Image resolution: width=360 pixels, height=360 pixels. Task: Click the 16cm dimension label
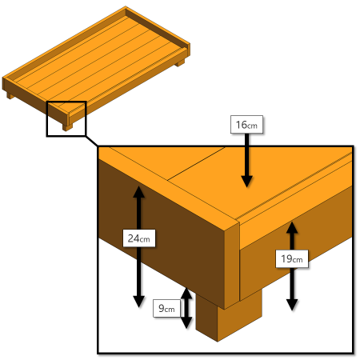[x=246, y=125]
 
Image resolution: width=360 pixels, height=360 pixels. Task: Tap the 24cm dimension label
[x=139, y=238]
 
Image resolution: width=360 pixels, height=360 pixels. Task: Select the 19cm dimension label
[x=292, y=258]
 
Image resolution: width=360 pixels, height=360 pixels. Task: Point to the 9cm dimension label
[x=167, y=309]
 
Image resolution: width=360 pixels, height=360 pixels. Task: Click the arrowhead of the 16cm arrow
[x=247, y=182]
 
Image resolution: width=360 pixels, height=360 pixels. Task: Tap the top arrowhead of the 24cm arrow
[x=138, y=192]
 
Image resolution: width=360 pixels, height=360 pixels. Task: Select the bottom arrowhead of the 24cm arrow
[x=138, y=302]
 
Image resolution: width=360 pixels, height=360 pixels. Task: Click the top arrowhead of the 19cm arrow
[x=292, y=227]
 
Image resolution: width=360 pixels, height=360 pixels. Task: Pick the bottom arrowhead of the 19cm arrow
[x=292, y=305]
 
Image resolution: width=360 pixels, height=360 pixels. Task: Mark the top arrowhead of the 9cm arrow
[x=186, y=293]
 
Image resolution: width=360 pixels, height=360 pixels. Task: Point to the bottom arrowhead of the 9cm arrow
[x=186, y=322]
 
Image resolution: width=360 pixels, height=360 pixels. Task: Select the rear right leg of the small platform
[x=180, y=63]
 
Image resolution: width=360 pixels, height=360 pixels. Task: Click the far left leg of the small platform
[x=10, y=96]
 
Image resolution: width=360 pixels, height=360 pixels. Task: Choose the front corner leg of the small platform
[x=67, y=127]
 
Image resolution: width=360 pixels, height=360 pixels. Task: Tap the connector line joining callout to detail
[x=92, y=141]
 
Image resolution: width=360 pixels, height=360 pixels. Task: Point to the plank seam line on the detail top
[x=197, y=163]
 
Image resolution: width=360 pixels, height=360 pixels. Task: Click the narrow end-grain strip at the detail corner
[x=232, y=266]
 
